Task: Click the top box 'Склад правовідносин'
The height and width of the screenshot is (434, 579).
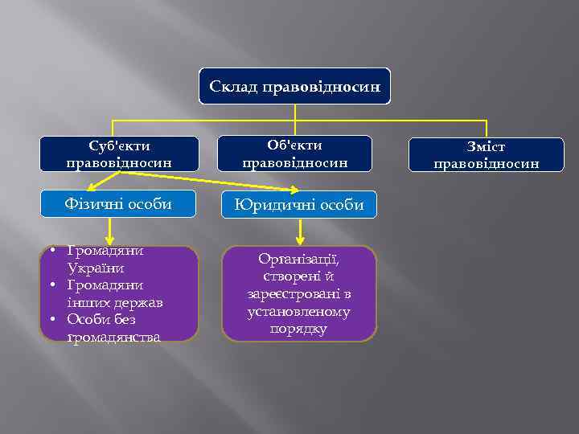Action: point(294,86)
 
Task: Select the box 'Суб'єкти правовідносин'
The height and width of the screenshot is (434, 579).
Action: point(119,154)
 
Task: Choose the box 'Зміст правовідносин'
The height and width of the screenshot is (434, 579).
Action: point(486,155)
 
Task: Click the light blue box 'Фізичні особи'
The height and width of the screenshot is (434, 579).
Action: point(118,204)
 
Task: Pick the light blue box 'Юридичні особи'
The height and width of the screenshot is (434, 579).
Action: point(298,205)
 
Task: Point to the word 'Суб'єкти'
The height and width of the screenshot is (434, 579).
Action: point(119,146)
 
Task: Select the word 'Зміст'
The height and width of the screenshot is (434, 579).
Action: point(486,148)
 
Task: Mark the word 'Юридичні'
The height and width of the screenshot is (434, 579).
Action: point(269,205)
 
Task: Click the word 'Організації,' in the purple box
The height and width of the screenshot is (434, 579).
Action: point(298,259)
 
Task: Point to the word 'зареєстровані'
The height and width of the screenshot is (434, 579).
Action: point(298,294)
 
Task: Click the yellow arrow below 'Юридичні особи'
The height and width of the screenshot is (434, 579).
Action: point(300,232)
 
